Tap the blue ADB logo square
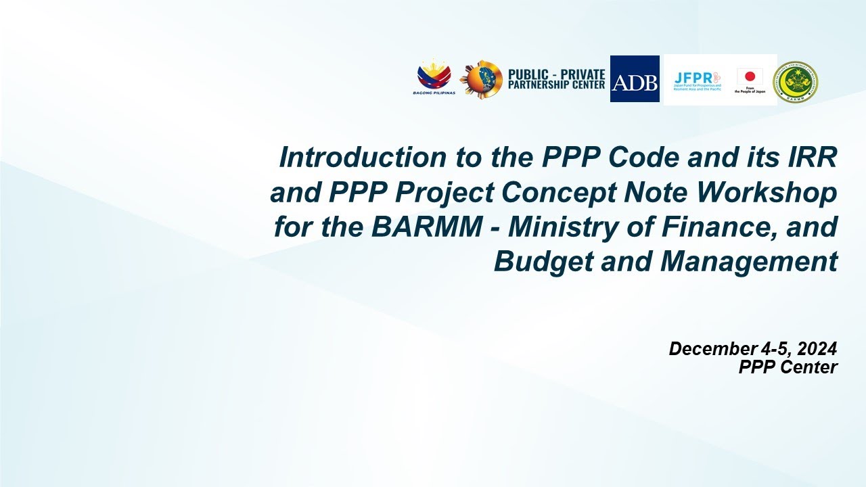coord(635,79)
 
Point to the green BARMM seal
coord(796,83)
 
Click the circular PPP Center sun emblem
coord(481,80)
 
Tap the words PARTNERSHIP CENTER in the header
coord(556,85)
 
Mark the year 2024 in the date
coord(817,349)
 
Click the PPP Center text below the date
coord(788,367)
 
